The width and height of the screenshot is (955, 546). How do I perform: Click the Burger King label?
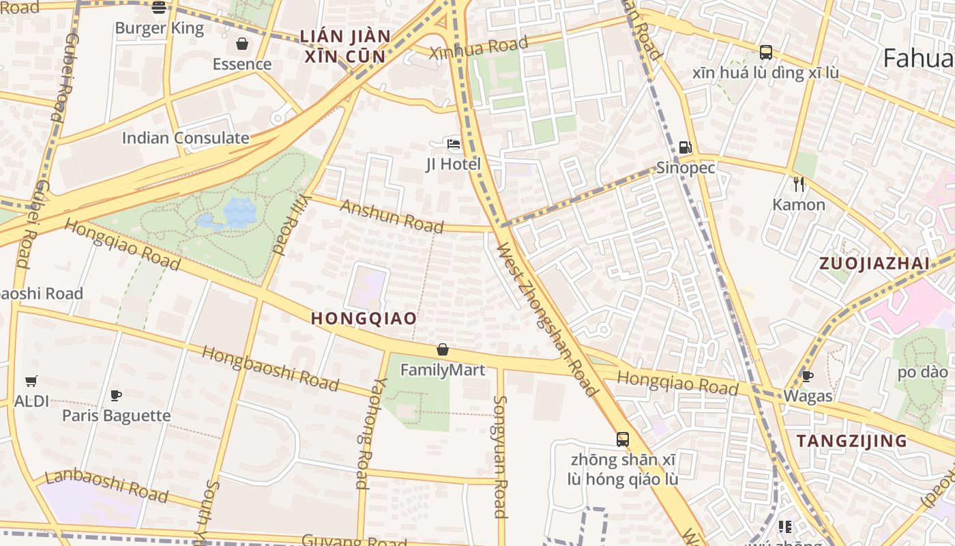point(159,28)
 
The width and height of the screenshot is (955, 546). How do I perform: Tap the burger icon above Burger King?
point(159,8)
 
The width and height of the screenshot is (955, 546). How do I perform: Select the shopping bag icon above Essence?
point(241,44)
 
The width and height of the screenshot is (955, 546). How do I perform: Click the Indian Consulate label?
point(186,138)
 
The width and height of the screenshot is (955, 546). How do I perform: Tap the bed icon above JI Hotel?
point(454,144)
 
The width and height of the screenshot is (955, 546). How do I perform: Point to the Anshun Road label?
point(392,216)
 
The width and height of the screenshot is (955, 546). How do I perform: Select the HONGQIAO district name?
point(364,318)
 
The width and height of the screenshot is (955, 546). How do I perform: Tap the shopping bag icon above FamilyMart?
point(443,350)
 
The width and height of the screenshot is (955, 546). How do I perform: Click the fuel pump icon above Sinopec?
point(685,147)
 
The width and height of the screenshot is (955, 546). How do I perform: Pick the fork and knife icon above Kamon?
point(799,184)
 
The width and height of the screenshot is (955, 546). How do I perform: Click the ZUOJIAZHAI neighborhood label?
point(875,263)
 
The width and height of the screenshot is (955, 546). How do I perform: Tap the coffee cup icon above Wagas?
point(808,376)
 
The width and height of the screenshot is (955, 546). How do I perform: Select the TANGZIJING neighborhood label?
point(852,441)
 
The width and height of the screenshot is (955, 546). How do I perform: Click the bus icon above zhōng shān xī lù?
point(623,439)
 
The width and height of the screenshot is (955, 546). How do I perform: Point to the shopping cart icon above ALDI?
point(31,381)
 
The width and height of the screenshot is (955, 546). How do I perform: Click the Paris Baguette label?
point(117,415)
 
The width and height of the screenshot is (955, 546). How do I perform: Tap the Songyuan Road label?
point(501,457)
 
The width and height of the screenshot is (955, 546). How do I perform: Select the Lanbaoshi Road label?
point(106,485)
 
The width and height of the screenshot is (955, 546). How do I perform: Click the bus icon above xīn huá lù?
point(765,53)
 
